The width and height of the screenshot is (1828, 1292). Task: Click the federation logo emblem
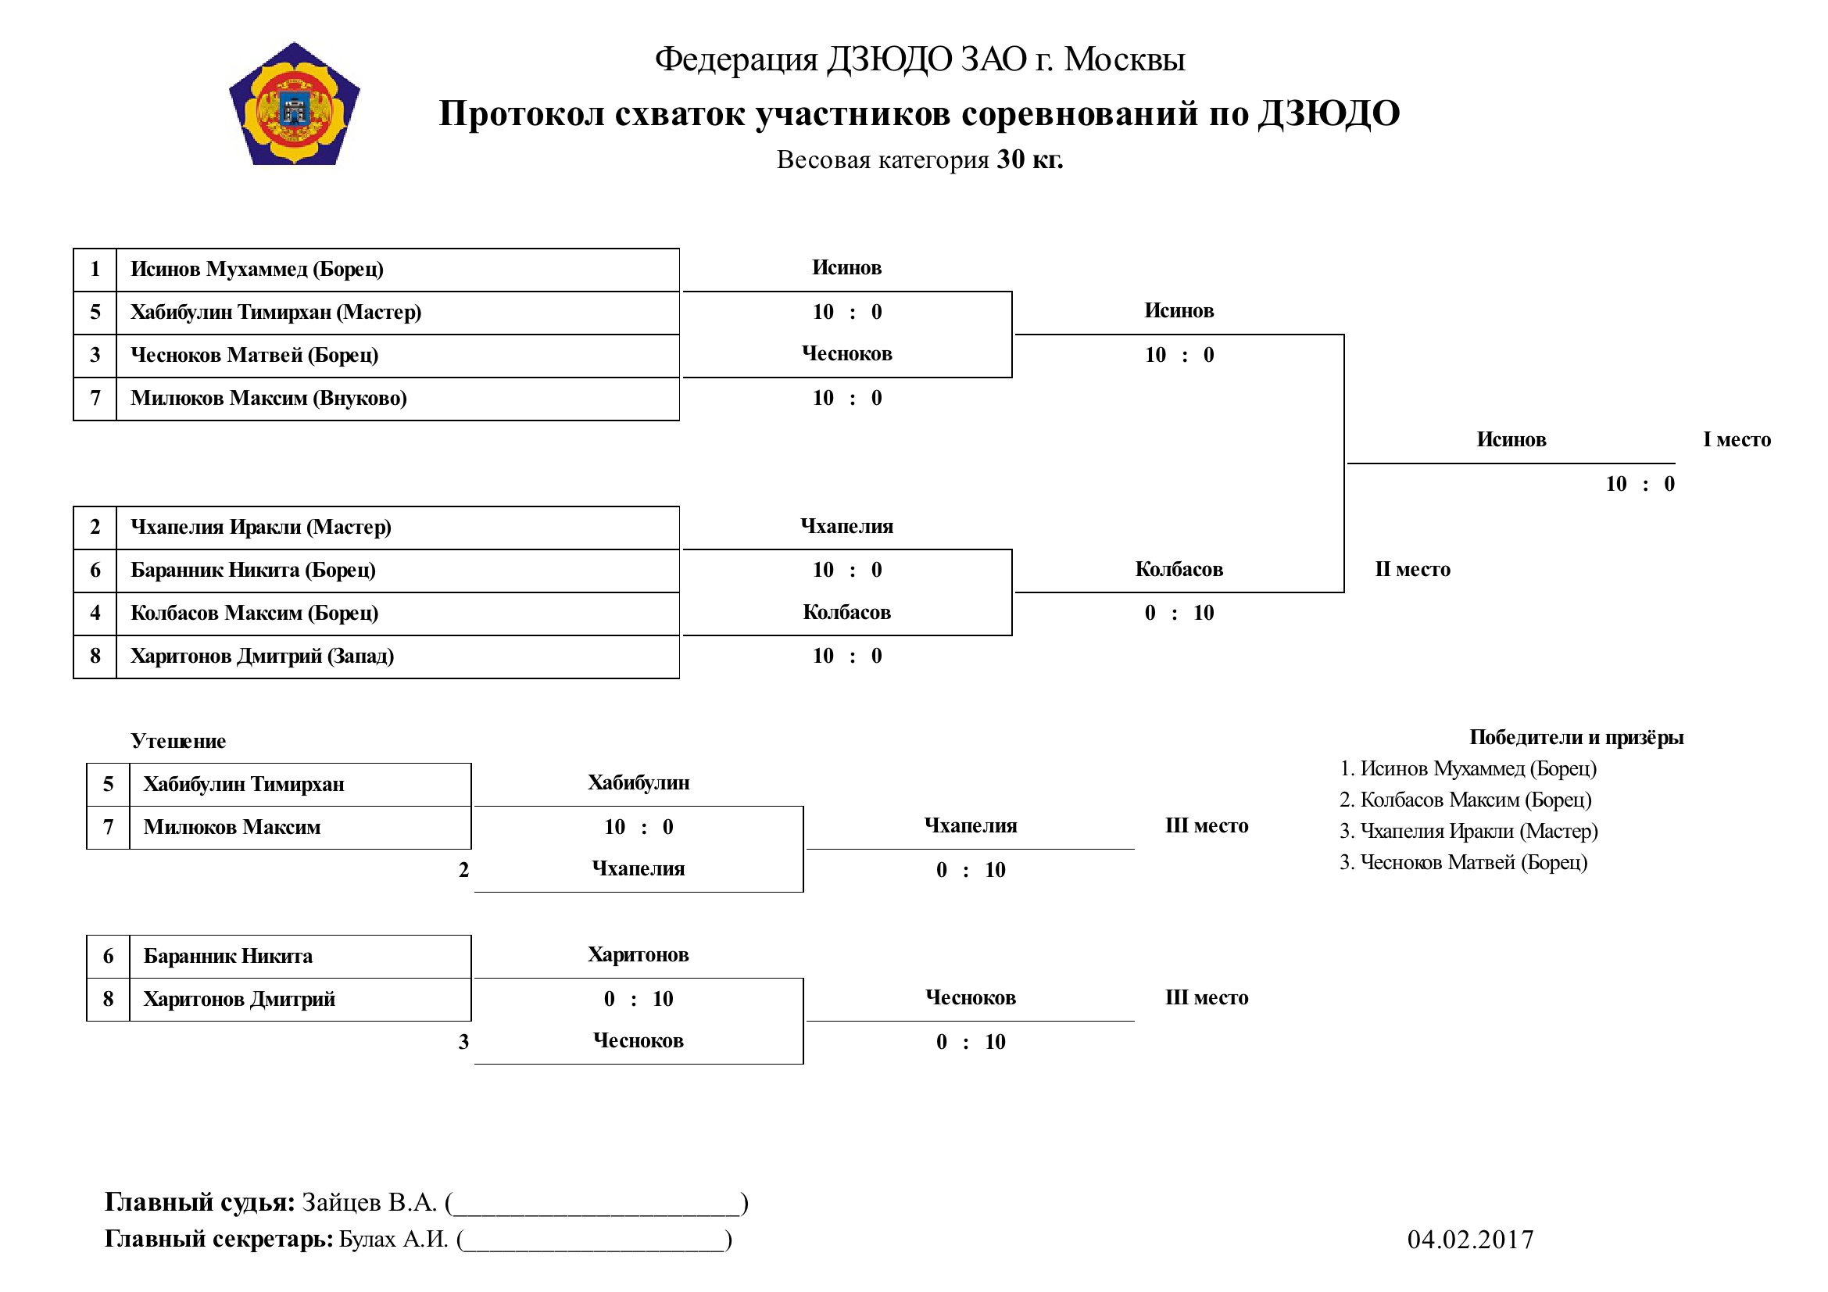[x=295, y=104]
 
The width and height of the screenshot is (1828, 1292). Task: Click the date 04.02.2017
[x=1470, y=1240]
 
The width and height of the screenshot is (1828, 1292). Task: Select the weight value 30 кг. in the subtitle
[x=1030, y=159]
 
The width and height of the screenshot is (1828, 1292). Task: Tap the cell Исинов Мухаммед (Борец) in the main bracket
[x=397, y=269]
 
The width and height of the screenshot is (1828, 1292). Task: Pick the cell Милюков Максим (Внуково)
[x=397, y=398]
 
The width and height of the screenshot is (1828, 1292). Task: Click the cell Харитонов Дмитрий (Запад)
[x=397, y=656]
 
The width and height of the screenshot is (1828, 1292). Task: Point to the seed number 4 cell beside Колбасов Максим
[x=95, y=613]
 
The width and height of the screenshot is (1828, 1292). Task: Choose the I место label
[x=1737, y=439]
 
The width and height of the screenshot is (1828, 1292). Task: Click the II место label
[x=1412, y=569]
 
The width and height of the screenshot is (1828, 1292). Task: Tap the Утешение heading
[x=178, y=741]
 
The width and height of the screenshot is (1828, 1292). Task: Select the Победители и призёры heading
[x=1576, y=737]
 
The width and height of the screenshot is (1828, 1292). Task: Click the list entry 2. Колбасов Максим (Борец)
[x=1465, y=800]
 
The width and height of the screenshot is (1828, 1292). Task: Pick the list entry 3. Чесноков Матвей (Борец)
[x=1463, y=862]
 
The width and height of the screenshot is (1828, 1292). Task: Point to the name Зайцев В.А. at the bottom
[x=370, y=1202]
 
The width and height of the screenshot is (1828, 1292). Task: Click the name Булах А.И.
[x=394, y=1240]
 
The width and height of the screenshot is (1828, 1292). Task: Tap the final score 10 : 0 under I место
[x=1640, y=484]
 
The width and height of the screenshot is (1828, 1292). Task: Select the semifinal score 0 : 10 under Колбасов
[x=1179, y=613]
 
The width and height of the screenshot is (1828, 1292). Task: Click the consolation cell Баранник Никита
[x=300, y=956]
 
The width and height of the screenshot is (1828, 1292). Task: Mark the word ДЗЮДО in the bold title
[x=1329, y=114]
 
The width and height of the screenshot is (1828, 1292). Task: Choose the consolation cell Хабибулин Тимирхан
[x=300, y=784]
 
